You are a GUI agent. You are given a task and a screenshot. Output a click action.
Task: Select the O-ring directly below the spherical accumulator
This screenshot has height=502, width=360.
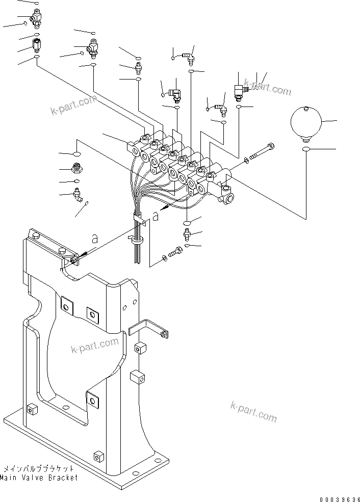click(305, 149)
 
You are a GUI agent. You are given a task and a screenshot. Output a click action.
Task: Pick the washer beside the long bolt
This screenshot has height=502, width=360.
click(247, 161)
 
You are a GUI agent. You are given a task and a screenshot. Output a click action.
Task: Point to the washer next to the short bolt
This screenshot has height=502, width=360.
click(164, 258)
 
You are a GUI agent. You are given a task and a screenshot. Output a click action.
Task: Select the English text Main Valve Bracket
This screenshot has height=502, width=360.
click(40, 478)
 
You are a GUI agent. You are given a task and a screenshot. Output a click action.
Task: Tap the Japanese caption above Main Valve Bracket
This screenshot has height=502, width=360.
click(40, 468)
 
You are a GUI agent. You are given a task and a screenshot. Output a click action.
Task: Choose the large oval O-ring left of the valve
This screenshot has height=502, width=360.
click(75, 154)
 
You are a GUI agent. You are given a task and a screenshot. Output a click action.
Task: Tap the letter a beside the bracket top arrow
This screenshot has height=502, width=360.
click(94, 237)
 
